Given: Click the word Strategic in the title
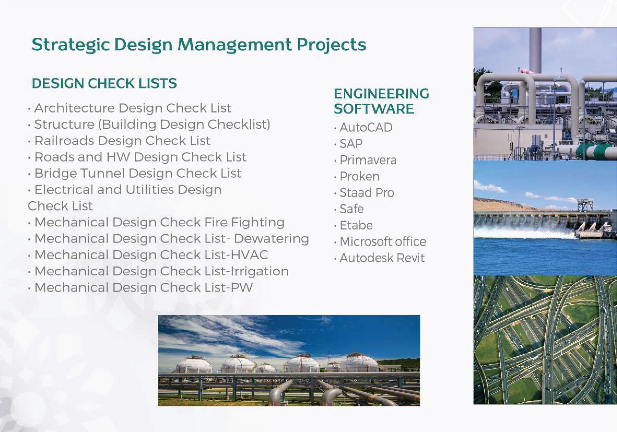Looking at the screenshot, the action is coord(71,45).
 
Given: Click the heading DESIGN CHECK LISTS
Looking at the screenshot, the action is coord(104,83).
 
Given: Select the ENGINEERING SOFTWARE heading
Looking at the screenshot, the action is coord(381,101).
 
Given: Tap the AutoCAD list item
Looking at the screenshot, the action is coord(366,127).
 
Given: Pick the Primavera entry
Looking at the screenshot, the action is coord(368,160).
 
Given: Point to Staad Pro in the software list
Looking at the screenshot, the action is coord(367,193).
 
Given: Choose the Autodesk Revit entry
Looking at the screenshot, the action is coord(382,258).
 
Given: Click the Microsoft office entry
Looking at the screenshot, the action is coord(383,241).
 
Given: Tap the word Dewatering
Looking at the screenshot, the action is coord(271,239).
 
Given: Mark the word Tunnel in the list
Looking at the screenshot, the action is coord(102,173).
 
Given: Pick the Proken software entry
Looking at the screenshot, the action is coord(360,176).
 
